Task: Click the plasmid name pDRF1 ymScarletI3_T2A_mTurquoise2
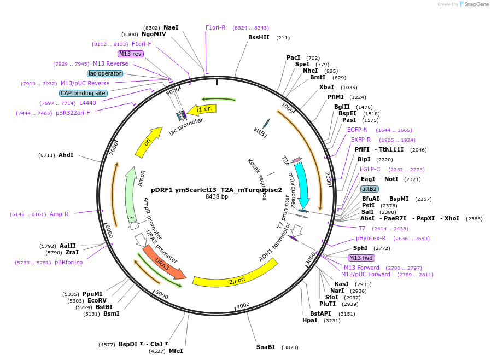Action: pyautogui.click(x=217, y=190)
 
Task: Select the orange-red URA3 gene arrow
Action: pyautogui.click(x=162, y=262)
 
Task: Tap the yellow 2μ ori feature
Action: pyautogui.click(x=236, y=276)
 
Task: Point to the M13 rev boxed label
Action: pyautogui.click(x=130, y=54)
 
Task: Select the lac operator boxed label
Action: pyautogui.click(x=105, y=73)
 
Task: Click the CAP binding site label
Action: pyautogui.click(x=83, y=93)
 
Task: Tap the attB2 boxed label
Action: pyautogui.click(x=369, y=189)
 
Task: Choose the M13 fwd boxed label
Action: pyautogui.click(x=361, y=258)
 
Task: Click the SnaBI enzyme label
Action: pyautogui.click(x=266, y=347)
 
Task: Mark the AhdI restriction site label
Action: pyautogui.click(x=66, y=155)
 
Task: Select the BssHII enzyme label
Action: pyautogui.click(x=259, y=38)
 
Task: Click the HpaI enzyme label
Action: pyautogui.click(x=309, y=320)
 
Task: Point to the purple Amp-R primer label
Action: pyautogui.click(x=59, y=214)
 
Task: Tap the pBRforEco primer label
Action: pyautogui.click(x=69, y=262)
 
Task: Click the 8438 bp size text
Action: pyautogui.click(x=217, y=197)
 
